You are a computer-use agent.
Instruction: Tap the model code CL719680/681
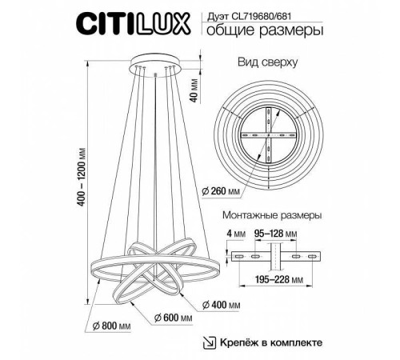pyautogui.click(x=286, y=12)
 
